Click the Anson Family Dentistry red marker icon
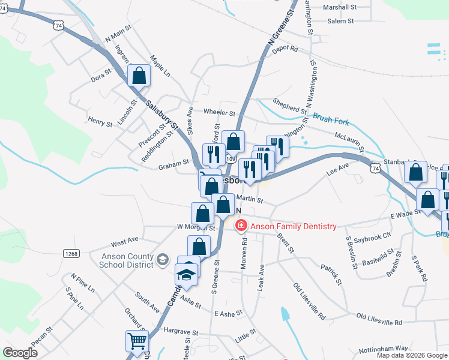(x=241, y=226)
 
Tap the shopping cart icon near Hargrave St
(x=137, y=341)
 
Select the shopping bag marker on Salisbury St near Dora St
(x=139, y=76)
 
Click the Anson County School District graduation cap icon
(x=162, y=259)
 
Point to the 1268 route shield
(x=71, y=254)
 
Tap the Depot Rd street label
(x=285, y=50)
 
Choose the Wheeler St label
(x=219, y=112)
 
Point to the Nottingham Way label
(x=384, y=349)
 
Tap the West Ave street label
(x=125, y=243)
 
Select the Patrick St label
(x=331, y=273)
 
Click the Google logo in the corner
(x=20, y=353)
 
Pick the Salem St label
(x=341, y=21)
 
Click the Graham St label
(x=173, y=161)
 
